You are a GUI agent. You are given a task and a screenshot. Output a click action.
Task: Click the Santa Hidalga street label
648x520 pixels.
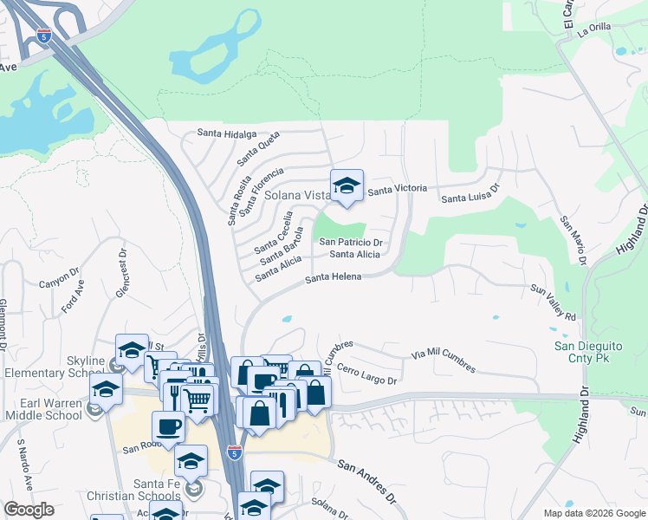pyautogui.click(x=227, y=133)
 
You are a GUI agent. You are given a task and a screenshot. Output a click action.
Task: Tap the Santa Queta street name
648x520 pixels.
pyautogui.click(x=257, y=148)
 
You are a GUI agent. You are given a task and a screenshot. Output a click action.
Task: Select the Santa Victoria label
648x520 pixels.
pyautogui.click(x=398, y=189)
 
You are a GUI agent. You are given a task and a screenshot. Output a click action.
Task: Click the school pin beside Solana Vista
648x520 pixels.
pyautogui.click(x=347, y=187)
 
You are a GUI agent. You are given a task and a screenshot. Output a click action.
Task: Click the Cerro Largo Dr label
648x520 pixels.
pyautogui.click(x=366, y=374)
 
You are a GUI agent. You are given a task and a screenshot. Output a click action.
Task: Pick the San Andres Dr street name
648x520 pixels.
pyautogui.click(x=366, y=482)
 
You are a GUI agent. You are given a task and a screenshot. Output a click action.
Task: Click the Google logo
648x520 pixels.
pyautogui.click(x=29, y=510)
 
